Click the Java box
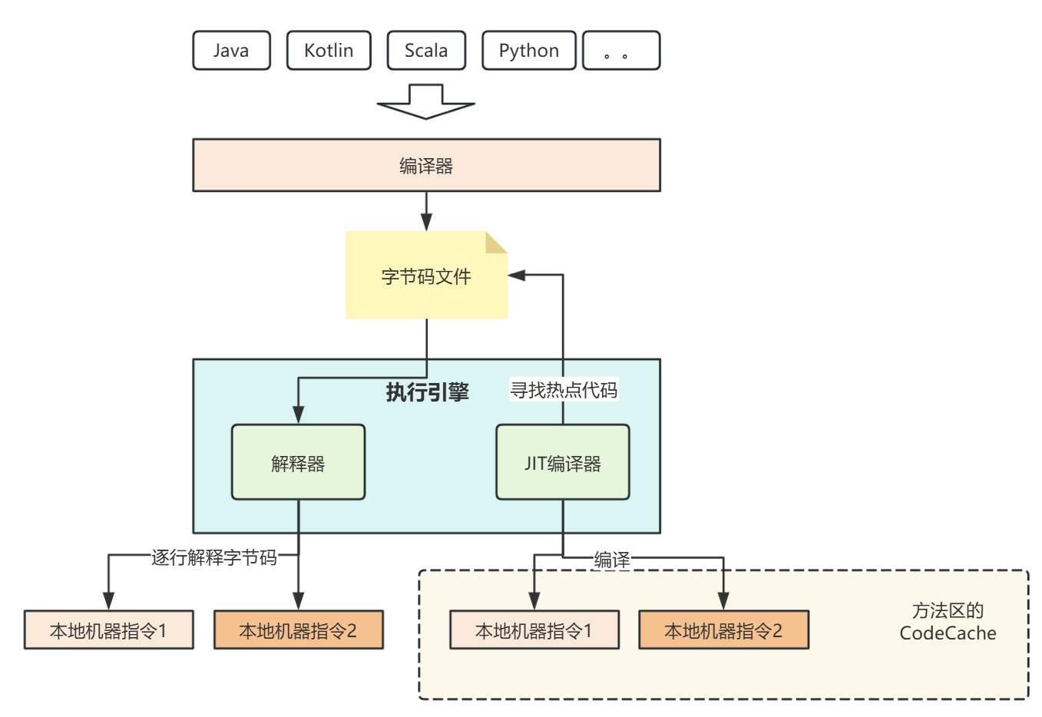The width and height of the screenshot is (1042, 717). click(231, 51)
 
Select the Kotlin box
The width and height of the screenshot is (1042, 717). click(329, 51)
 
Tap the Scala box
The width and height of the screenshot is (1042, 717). click(426, 51)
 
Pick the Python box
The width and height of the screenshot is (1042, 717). click(528, 51)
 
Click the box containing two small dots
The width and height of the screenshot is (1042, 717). click(621, 51)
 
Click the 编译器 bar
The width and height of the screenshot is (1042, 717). click(426, 165)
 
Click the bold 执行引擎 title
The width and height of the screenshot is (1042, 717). click(427, 392)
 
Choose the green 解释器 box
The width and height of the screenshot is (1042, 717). click(298, 463)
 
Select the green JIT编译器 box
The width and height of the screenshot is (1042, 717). click(562, 463)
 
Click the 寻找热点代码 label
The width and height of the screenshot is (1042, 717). click(564, 390)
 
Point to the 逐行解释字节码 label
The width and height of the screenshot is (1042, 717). click(214, 557)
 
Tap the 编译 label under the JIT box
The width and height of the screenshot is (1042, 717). click(612, 560)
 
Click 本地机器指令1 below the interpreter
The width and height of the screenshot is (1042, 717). click(108, 630)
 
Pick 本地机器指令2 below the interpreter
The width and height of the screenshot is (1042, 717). click(298, 630)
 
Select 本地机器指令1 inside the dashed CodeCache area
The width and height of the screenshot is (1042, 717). click(534, 630)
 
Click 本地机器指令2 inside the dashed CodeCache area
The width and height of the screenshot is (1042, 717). click(723, 630)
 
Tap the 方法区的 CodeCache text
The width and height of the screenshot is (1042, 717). click(948, 622)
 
